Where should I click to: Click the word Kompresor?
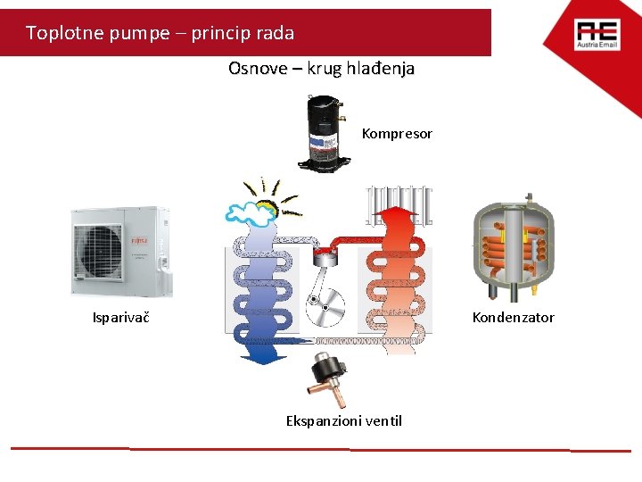[397, 134]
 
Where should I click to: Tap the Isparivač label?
[120, 318]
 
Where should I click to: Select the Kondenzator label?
[513, 318]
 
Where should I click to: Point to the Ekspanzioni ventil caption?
[343, 420]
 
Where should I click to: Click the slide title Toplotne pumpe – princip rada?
[160, 33]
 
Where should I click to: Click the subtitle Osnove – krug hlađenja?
[321, 69]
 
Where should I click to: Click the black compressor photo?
[326, 131]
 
